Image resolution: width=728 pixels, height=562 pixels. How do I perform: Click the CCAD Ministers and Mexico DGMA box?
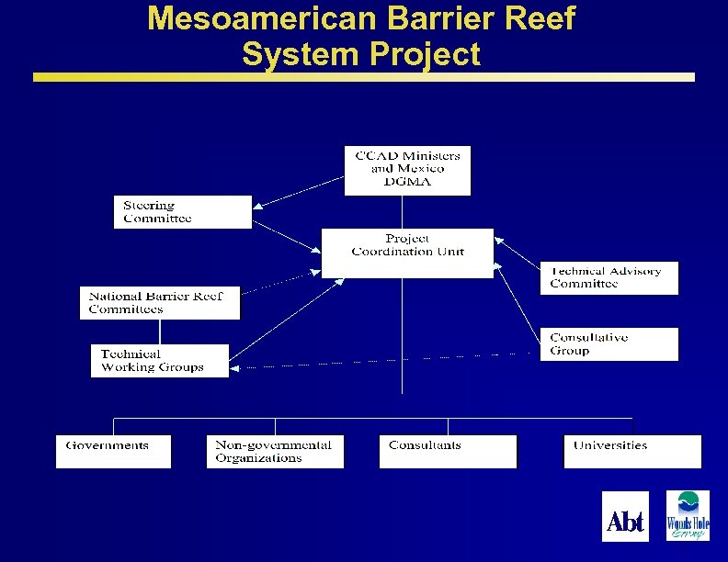(x=407, y=170)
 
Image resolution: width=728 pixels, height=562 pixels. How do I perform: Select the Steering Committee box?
(x=182, y=212)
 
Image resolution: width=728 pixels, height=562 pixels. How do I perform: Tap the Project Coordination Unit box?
(x=407, y=253)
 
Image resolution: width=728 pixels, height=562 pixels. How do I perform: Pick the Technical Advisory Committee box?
(x=609, y=278)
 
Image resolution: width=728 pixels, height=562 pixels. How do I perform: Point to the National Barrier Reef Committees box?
(x=160, y=303)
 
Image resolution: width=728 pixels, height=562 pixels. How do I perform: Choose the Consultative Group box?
(x=609, y=344)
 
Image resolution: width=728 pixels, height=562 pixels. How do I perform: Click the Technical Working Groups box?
(x=160, y=361)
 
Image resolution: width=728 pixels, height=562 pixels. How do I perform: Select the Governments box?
(x=113, y=452)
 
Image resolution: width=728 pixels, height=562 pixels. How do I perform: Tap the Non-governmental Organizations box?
(x=275, y=452)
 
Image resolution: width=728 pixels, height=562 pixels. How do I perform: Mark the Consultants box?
(x=448, y=452)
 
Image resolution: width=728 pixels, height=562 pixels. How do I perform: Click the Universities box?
(x=631, y=452)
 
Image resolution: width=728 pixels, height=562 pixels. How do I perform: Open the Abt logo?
(x=625, y=516)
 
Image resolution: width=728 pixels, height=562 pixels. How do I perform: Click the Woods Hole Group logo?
(x=688, y=516)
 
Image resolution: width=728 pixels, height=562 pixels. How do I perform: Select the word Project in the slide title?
(x=425, y=54)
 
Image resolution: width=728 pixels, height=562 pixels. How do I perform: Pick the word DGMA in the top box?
(x=407, y=182)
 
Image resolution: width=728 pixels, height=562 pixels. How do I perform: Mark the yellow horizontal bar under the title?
(x=364, y=78)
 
